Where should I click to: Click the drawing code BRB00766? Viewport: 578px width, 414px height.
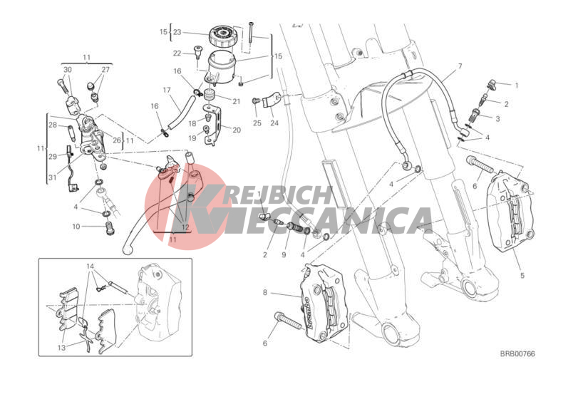(517, 354)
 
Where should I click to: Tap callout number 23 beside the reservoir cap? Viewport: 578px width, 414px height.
(177, 32)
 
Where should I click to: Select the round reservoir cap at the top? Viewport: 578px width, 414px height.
(222, 36)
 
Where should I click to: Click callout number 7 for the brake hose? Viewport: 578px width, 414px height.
(460, 66)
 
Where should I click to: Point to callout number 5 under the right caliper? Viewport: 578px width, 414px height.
(522, 275)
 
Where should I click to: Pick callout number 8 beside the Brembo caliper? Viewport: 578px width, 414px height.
(264, 293)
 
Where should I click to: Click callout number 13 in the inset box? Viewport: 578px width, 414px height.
(61, 348)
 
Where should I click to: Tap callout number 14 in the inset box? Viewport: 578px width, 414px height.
(91, 266)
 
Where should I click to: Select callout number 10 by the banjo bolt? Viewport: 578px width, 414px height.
(76, 227)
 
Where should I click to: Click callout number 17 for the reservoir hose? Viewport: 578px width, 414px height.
(167, 90)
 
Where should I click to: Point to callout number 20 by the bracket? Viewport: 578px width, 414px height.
(237, 130)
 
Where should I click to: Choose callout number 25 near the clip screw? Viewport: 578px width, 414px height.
(257, 123)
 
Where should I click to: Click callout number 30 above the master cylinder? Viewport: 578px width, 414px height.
(68, 70)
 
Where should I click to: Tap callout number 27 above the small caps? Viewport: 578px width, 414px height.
(105, 70)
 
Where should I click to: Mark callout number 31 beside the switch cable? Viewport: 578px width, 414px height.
(53, 177)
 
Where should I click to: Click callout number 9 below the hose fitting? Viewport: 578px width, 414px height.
(284, 254)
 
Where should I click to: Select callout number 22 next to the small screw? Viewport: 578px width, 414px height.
(177, 53)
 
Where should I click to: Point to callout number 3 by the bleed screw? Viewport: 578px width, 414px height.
(497, 119)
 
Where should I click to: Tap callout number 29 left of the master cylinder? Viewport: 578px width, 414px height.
(53, 156)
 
